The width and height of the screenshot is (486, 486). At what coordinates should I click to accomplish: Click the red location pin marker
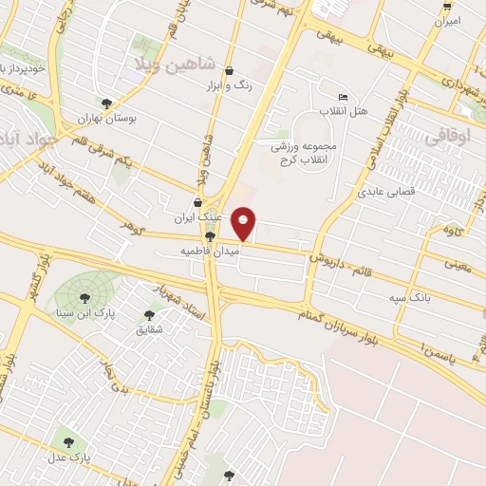point(244,223)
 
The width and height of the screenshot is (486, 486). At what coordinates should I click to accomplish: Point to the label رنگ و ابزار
point(231,84)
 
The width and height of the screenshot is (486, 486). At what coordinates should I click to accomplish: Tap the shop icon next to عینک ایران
point(197,202)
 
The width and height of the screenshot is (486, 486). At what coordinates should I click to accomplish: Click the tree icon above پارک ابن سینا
point(84,298)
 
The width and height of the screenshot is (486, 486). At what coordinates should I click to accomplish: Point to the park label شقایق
point(150,329)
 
